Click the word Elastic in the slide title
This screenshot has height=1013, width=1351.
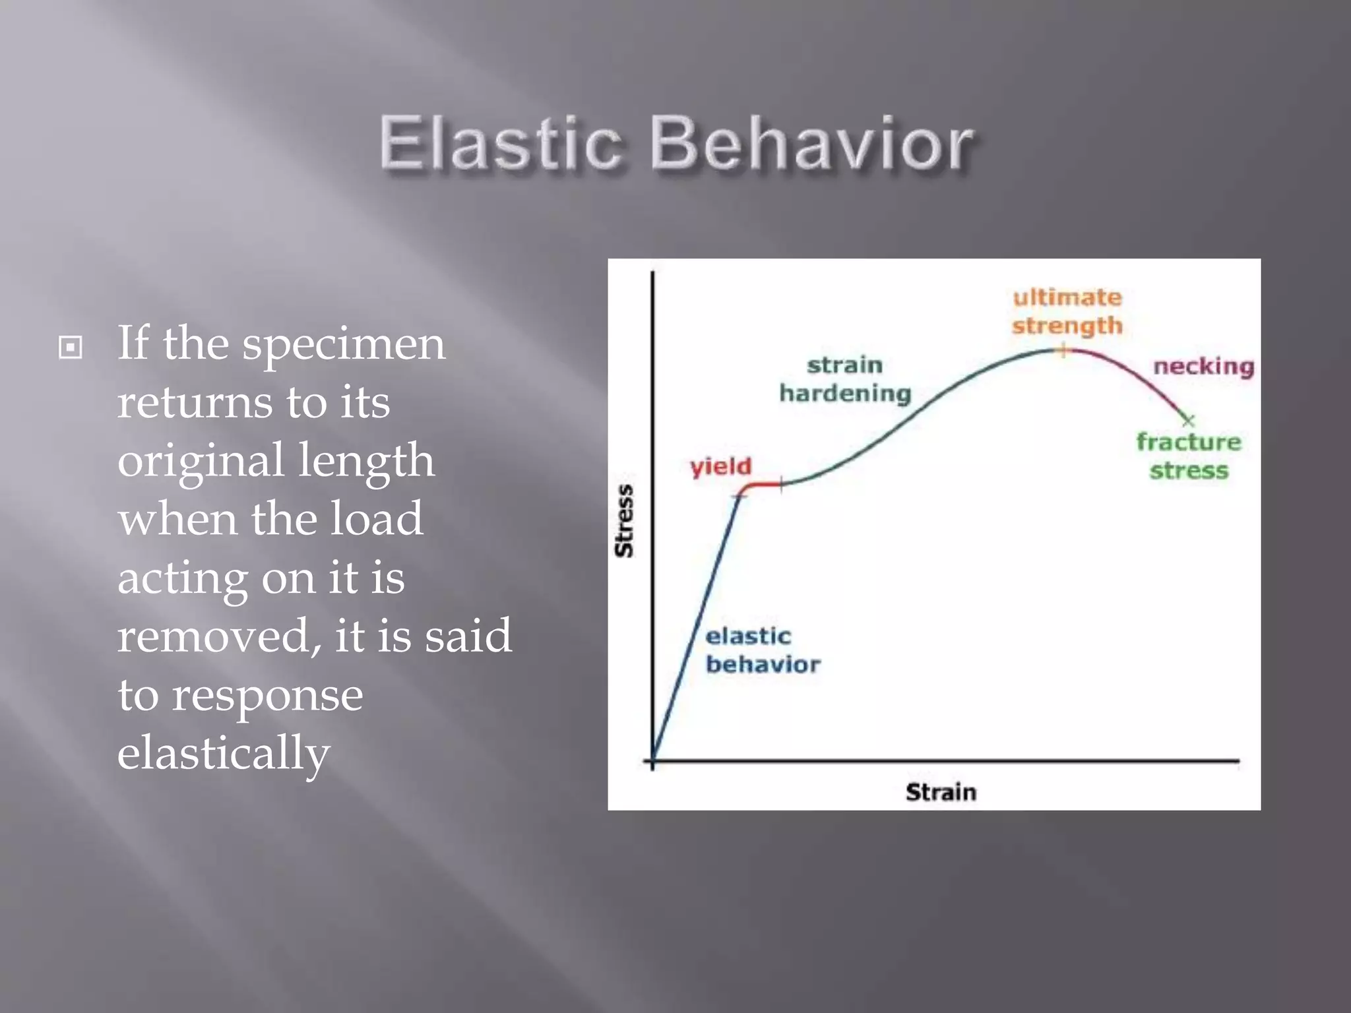[x=501, y=144]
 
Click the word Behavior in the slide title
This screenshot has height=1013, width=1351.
[x=811, y=144]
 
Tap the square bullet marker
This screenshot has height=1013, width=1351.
[x=71, y=347]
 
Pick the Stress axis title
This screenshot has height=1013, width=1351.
[x=623, y=520]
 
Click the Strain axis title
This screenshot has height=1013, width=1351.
[x=941, y=792]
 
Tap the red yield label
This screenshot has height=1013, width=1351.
[x=720, y=467]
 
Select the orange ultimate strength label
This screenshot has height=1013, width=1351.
[x=1067, y=311]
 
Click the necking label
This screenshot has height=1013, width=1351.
[x=1203, y=367]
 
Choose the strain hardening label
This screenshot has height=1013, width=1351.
[x=845, y=379]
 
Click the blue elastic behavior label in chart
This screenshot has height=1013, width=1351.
[x=762, y=650]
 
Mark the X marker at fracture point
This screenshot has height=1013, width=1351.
[x=1188, y=420]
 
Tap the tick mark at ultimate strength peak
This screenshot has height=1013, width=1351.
[x=1063, y=351]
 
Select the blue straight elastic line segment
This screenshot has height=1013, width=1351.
[x=696, y=627]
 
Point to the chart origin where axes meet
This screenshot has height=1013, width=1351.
[x=652, y=761]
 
